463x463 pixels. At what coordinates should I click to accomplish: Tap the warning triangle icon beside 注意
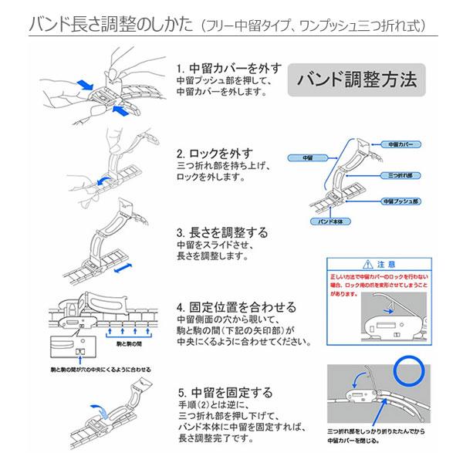click(372, 263)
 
